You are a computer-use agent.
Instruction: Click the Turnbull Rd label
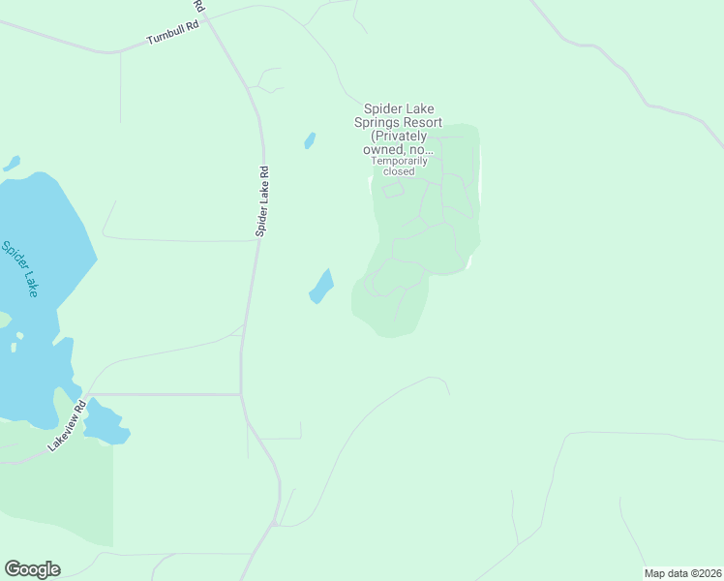(x=172, y=33)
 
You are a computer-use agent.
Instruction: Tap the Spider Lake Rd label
(x=262, y=201)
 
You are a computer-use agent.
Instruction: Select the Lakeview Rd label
(x=67, y=426)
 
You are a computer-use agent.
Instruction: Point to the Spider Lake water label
(x=18, y=268)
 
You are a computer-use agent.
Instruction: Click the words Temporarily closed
(x=399, y=166)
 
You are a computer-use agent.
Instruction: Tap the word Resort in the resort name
(x=422, y=123)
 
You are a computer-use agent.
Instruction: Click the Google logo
(x=32, y=569)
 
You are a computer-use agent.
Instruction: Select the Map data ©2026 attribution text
(x=683, y=572)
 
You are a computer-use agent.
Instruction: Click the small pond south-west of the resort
(x=320, y=287)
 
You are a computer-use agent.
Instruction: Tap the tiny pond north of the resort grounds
(x=310, y=140)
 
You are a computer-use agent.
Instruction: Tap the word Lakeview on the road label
(x=63, y=432)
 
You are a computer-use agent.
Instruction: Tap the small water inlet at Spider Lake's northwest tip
(x=12, y=164)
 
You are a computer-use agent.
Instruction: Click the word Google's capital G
(x=13, y=568)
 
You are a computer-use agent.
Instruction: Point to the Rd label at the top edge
(x=198, y=6)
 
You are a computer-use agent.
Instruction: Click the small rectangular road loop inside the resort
(x=392, y=190)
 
